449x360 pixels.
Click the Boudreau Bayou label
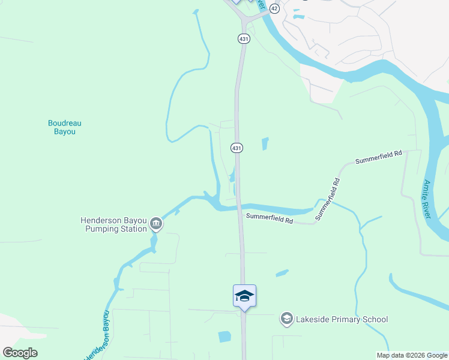coord(64,127)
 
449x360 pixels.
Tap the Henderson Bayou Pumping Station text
coord(114,224)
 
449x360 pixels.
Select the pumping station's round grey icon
coord(156,224)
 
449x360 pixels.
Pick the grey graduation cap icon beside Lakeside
coord(287,319)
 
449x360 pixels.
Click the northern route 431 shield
coord(243,38)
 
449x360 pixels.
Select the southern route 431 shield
coord(237,148)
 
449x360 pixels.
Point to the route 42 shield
coord(274,8)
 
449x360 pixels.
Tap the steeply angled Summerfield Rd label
coord(327,198)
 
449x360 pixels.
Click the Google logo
coord(20,353)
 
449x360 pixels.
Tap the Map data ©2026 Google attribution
coord(411,355)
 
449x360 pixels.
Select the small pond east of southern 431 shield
coord(265,144)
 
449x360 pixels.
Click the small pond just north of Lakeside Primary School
coord(282,274)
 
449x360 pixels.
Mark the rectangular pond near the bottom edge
coord(224,337)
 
